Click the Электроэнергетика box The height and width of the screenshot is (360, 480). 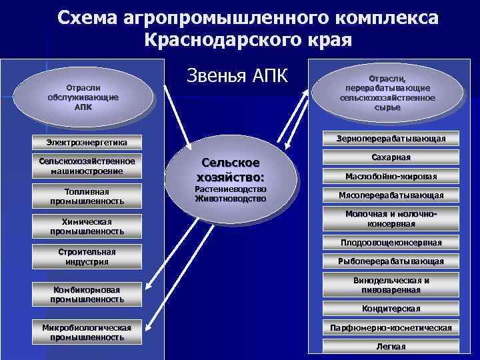[x=87, y=142]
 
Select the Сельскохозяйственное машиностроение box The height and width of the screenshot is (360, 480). [x=87, y=166]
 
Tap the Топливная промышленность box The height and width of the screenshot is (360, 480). [x=87, y=196]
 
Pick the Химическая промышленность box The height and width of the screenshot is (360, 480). [x=87, y=227]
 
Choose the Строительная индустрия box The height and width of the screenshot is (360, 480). [x=87, y=257]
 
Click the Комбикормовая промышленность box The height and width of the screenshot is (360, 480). [x=87, y=294]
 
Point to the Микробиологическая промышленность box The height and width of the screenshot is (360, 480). [x=87, y=332]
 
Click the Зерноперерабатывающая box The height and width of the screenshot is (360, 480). [x=391, y=138]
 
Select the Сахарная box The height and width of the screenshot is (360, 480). [x=391, y=157]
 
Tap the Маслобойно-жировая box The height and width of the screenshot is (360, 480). [x=391, y=177]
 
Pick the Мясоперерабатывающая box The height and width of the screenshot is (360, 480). [x=391, y=195]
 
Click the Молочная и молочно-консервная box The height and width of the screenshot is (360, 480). [x=391, y=219]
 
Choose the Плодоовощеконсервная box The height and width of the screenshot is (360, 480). [x=391, y=242]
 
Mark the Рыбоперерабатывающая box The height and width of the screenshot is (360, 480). [x=391, y=261]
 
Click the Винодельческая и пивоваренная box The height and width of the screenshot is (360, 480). [x=391, y=285]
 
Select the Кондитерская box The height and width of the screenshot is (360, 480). [x=391, y=309]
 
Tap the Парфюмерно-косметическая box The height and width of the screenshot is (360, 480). [x=391, y=328]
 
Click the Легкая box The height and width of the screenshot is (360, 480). [x=391, y=347]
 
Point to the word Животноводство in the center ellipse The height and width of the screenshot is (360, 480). [x=231, y=199]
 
